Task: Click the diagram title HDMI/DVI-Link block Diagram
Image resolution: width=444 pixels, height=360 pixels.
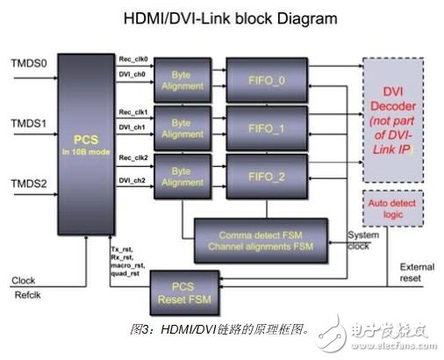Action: point(221,18)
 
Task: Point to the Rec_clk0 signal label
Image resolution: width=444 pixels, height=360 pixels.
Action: point(133,59)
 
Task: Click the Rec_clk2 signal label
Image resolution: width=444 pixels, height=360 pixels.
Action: point(133,159)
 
